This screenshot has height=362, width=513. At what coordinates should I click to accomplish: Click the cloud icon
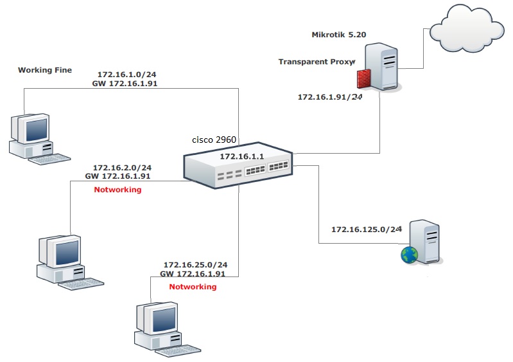pyautogui.click(x=467, y=30)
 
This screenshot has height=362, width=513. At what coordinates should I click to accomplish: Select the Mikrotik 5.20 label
pyautogui.click(x=338, y=35)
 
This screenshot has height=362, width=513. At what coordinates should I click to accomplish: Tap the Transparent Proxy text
pyautogui.click(x=317, y=62)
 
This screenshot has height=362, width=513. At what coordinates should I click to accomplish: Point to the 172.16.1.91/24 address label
pyautogui.click(x=330, y=97)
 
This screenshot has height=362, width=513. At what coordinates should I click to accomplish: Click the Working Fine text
pyautogui.click(x=45, y=69)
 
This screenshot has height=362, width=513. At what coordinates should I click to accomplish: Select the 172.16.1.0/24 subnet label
pyautogui.click(x=127, y=74)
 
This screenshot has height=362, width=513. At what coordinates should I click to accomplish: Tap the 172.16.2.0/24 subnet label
pyautogui.click(x=122, y=167)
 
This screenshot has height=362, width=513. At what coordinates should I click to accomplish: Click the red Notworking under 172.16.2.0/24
pyautogui.click(x=117, y=190)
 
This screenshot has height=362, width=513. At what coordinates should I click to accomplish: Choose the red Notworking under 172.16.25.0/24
pyautogui.click(x=193, y=287)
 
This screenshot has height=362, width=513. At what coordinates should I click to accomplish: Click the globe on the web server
pyautogui.click(x=409, y=255)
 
